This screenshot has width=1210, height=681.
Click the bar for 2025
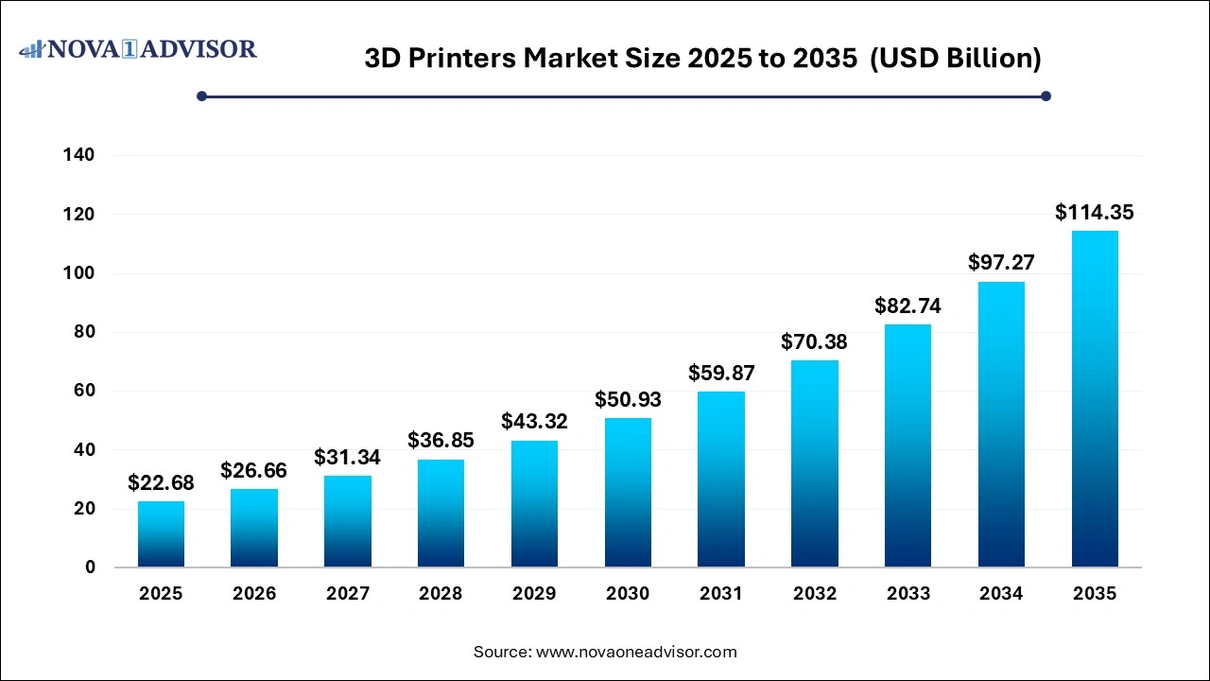point(161,534)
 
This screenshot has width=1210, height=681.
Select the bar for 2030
point(628,493)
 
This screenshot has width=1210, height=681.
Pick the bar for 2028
point(441,514)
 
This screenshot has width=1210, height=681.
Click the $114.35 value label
point(1095,213)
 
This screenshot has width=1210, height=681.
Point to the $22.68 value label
point(161,483)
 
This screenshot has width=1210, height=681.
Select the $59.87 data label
point(721,374)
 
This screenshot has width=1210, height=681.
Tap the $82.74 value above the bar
point(907,306)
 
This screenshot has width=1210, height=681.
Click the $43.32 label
point(534,422)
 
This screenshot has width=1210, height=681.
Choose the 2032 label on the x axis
point(815,594)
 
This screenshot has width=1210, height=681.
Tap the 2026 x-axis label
point(254,594)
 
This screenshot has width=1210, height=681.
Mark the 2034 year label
point(1001,594)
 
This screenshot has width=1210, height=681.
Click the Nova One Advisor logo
point(138,48)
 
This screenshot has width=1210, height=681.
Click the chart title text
point(702,59)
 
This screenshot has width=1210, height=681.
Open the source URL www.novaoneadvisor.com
point(636,652)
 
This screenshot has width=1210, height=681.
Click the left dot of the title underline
point(201,96)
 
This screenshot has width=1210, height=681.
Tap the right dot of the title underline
point(1046,96)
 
